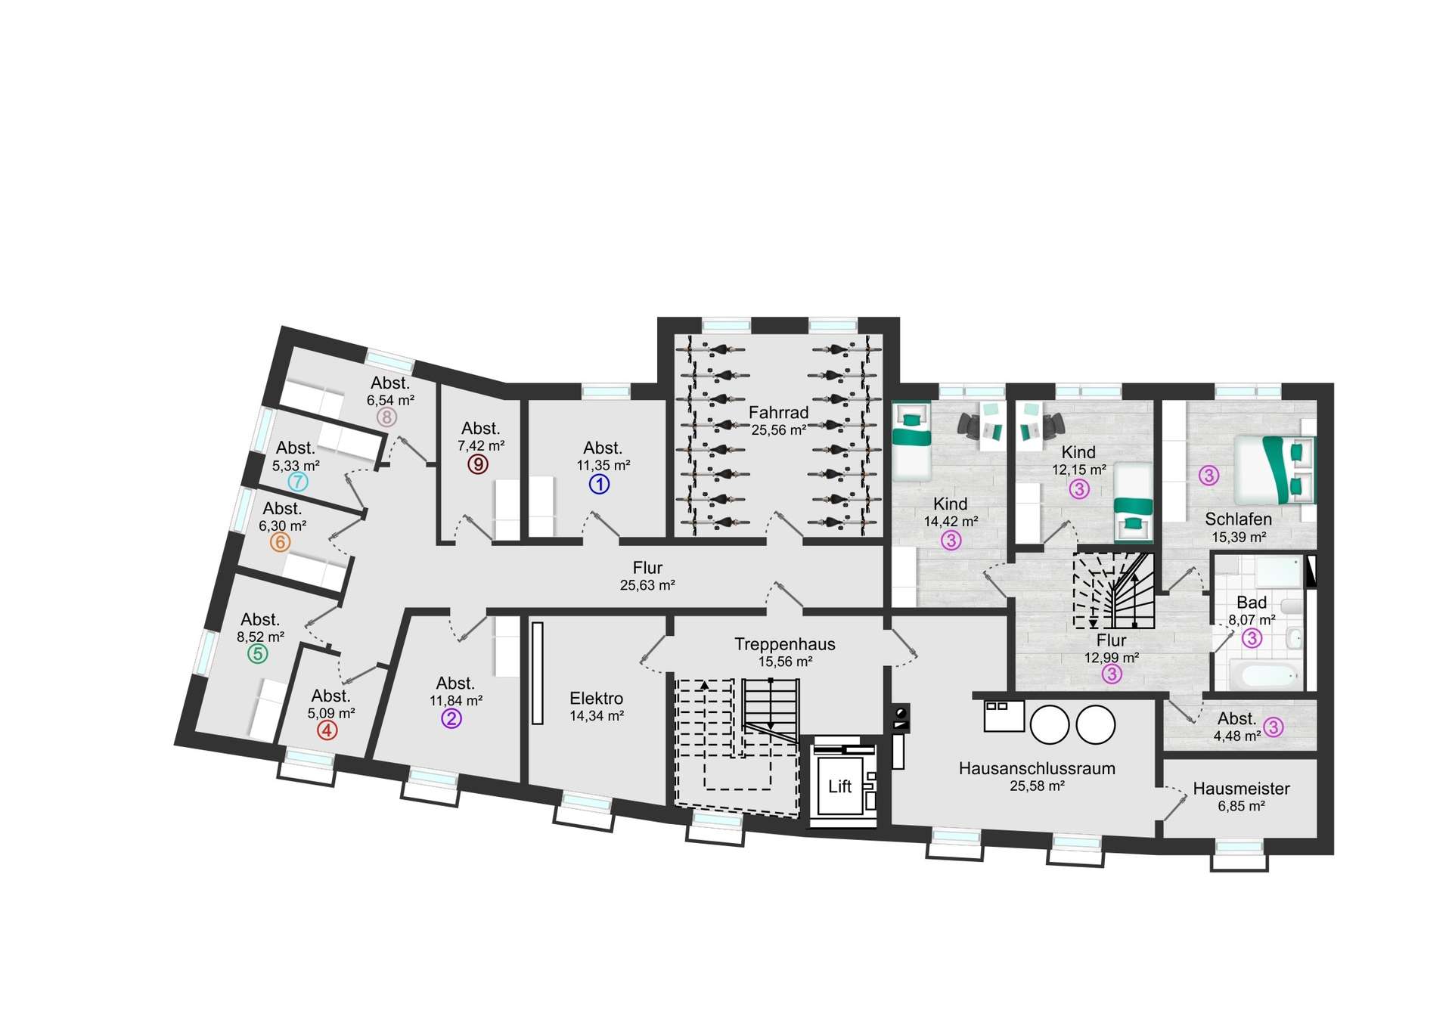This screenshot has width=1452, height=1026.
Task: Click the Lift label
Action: (839, 786)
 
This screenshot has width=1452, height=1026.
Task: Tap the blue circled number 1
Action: (599, 484)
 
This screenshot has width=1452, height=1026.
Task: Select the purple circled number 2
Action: (451, 719)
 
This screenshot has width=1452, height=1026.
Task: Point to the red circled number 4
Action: (327, 730)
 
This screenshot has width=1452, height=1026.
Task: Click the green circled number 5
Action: (258, 653)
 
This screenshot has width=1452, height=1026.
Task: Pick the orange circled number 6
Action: (280, 542)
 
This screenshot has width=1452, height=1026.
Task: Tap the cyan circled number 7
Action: (298, 482)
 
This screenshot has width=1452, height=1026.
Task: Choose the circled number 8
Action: (386, 417)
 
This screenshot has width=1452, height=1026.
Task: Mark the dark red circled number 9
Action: (477, 463)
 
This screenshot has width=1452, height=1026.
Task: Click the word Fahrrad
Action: (779, 413)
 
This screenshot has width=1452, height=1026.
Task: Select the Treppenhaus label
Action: (785, 644)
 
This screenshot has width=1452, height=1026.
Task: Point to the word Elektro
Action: (597, 699)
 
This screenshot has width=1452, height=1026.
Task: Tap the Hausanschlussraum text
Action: (1037, 768)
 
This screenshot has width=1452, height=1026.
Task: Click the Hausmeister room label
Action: (1242, 789)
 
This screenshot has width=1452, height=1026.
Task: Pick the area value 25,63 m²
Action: (647, 585)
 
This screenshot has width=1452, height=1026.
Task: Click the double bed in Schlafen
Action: (1275, 470)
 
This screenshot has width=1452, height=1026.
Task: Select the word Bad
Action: (1252, 603)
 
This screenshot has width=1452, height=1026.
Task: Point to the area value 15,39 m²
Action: (1239, 538)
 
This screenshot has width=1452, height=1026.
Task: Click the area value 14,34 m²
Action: (597, 716)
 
